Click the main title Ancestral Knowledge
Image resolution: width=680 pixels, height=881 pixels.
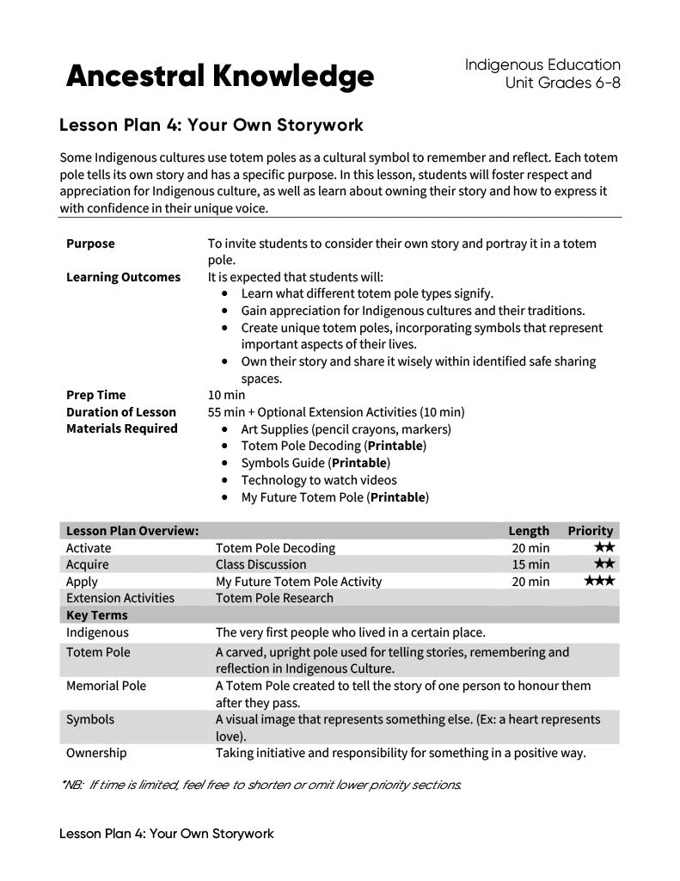pos(219,77)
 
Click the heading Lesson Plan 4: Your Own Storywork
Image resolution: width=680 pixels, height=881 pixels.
pos(211,126)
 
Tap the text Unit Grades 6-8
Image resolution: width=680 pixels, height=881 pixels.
pos(562,83)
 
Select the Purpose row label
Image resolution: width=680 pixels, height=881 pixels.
pos(90,243)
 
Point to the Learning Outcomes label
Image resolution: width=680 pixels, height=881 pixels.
pos(123,277)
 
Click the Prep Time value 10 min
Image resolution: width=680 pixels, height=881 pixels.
pos(226,395)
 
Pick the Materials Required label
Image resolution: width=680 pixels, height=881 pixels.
pos(121,428)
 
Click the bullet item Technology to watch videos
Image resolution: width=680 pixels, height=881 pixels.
pos(319,480)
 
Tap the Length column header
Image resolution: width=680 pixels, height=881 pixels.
pos(528,531)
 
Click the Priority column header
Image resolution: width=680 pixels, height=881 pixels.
pos(590,531)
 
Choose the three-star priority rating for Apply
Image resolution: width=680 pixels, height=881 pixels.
pos(599,582)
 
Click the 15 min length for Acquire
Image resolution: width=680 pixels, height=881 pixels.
pos(530,564)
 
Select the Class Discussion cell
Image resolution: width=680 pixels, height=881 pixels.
pos(260,564)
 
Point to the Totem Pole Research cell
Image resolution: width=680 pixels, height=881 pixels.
pos(274,598)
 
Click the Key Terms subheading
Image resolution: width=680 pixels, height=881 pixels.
pos(96,615)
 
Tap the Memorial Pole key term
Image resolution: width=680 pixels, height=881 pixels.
pos(106,686)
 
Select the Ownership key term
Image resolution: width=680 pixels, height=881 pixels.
pos(96,753)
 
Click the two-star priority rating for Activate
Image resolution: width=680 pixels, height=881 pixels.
pos(603,548)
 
